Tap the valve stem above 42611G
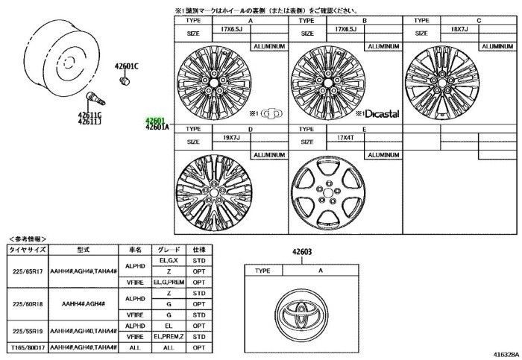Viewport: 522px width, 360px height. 94,98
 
